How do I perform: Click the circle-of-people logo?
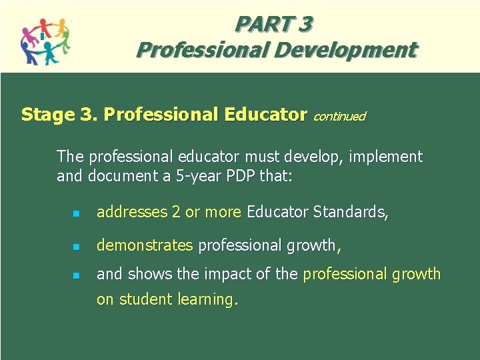tap(45, 41)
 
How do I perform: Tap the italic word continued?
tap(339, 117)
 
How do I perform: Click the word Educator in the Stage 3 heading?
tap(266, 115)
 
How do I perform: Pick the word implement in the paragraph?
tap(386, 157)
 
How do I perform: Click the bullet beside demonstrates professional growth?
tap(76, 247)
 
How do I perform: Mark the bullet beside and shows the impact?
tap(76, 275)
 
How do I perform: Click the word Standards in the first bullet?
tap(347, 213)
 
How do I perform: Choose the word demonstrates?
tap(145, 245)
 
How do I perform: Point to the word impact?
tap(243, 274)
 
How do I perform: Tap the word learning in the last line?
tap(205, 300)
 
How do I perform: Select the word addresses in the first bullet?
tap(132, 213)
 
